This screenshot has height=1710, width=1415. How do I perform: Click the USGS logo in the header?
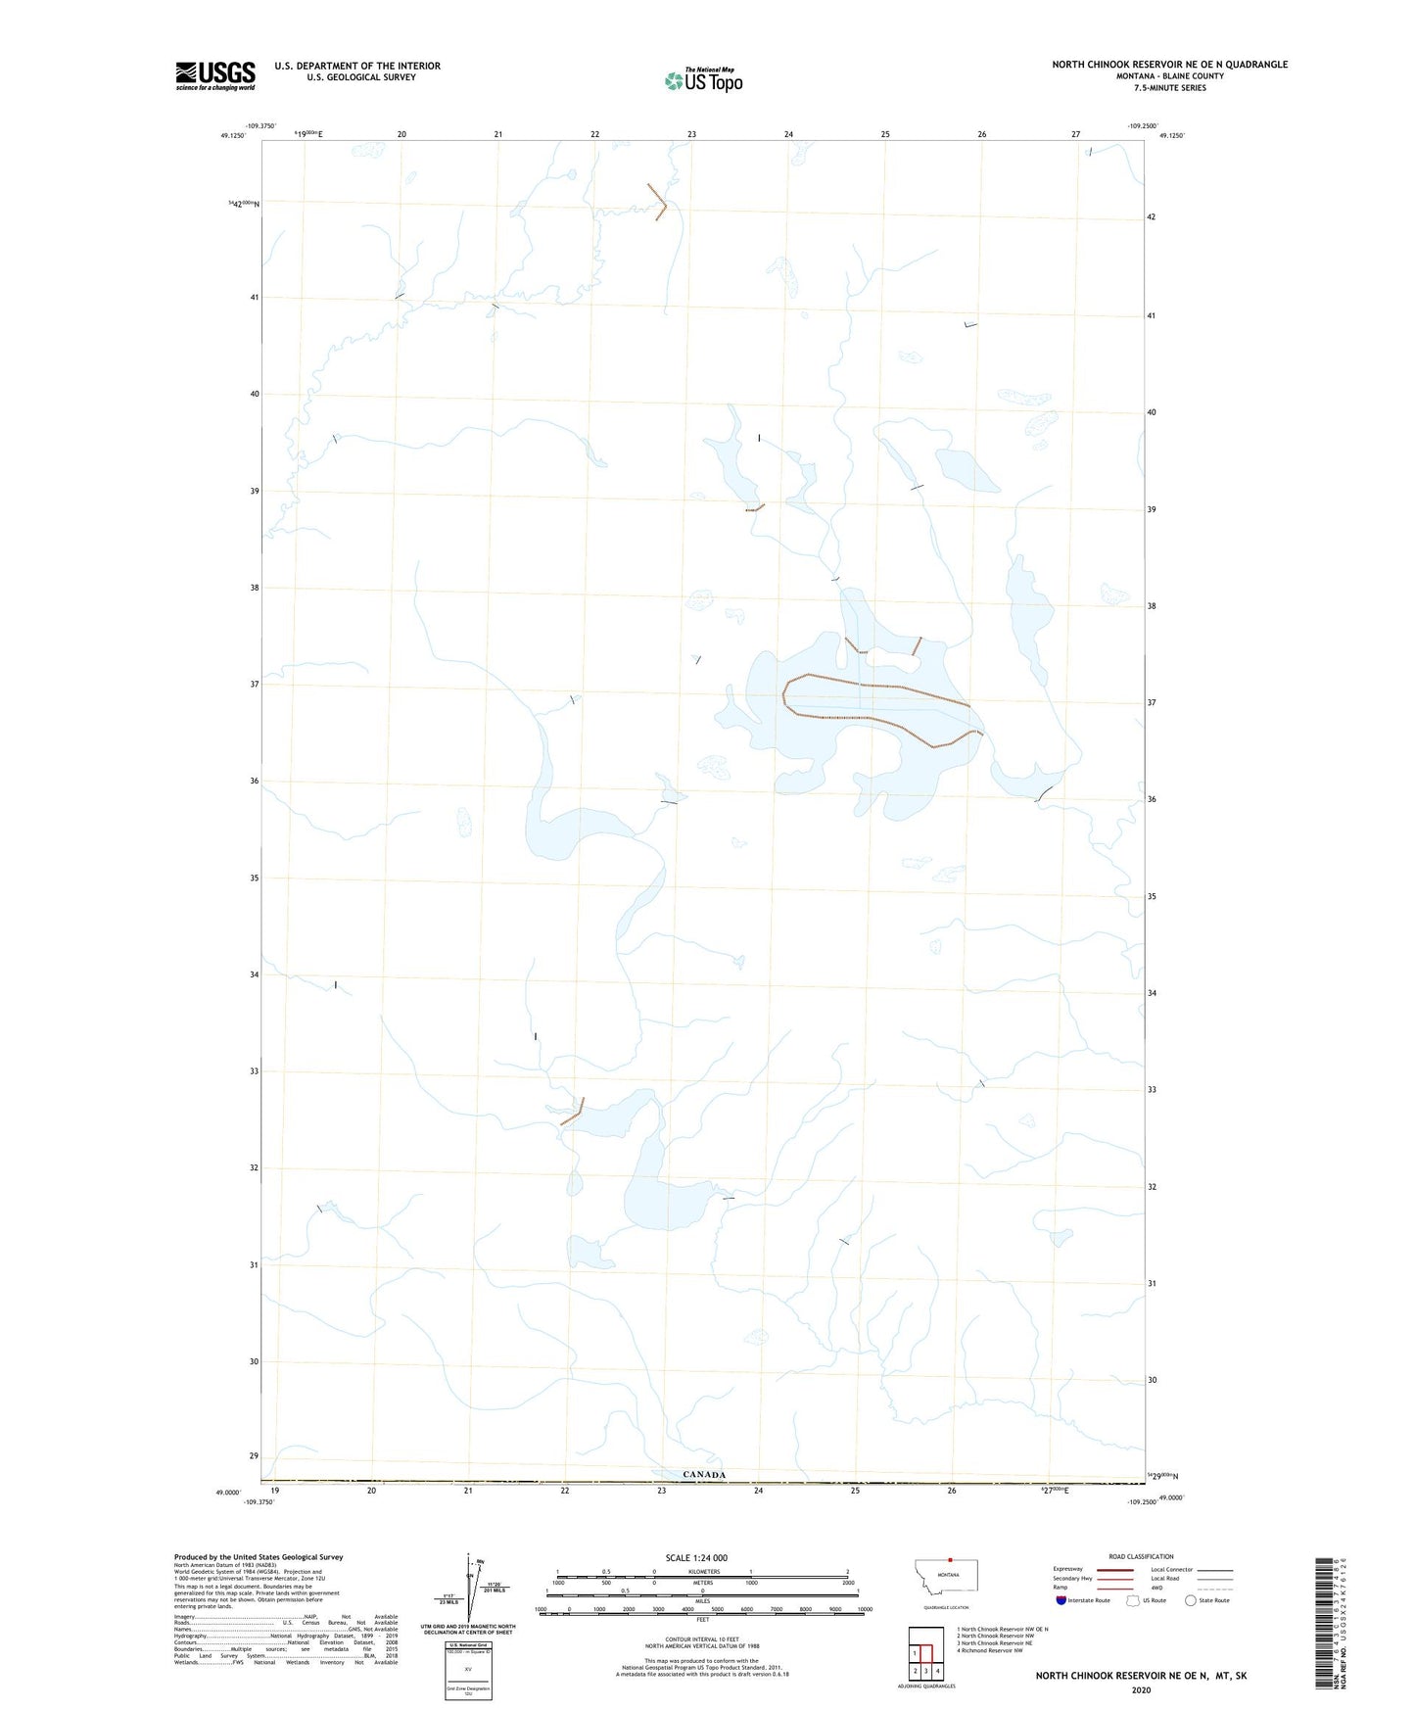click(x=215, y=75)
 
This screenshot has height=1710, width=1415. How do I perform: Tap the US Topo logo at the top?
click(x=703, y=80)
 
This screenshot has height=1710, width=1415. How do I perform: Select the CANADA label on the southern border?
click(x=704, y=1474)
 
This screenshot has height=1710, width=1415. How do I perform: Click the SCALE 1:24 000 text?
click(x=696, y=1558)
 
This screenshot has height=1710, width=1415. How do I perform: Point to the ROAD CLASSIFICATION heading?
click(x=1141, y=1556)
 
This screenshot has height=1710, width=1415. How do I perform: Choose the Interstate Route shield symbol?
click(x=1061, y=1600)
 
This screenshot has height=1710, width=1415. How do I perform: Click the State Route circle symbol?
click(x=1190, y=1600)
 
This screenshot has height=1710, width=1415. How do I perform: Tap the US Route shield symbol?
click(x=1133, y=1600)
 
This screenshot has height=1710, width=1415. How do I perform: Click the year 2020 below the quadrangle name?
click(x=1141, y=1689)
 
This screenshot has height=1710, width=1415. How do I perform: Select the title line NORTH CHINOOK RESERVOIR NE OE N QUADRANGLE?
click(x=1169, y=65)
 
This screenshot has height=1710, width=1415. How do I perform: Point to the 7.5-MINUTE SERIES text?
click(x=1169, y=88)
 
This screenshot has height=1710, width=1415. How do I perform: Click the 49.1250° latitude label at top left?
click(x=233, y=136)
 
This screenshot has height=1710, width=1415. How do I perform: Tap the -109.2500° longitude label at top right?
click(x=1142, y=126)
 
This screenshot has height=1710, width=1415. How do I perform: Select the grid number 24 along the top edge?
click(x=788, y=134)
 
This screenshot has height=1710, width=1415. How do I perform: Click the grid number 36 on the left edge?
click(x=255, y=781)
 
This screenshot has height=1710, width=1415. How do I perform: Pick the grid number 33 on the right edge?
click(x=1152, y=1089)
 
